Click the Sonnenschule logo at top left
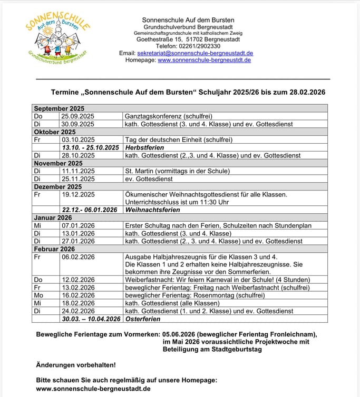(57, 36)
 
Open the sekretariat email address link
(195, 53)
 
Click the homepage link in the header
(204, 60)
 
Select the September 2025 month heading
(59, 108)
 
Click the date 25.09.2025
(77, 116)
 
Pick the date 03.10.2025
(77, 140)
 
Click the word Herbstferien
(144, 147)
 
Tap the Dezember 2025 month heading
(58, 186)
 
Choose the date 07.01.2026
(77, 225)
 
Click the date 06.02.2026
(77, 256)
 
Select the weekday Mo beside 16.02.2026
(38, 295)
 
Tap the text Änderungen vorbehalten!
(75, 364)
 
